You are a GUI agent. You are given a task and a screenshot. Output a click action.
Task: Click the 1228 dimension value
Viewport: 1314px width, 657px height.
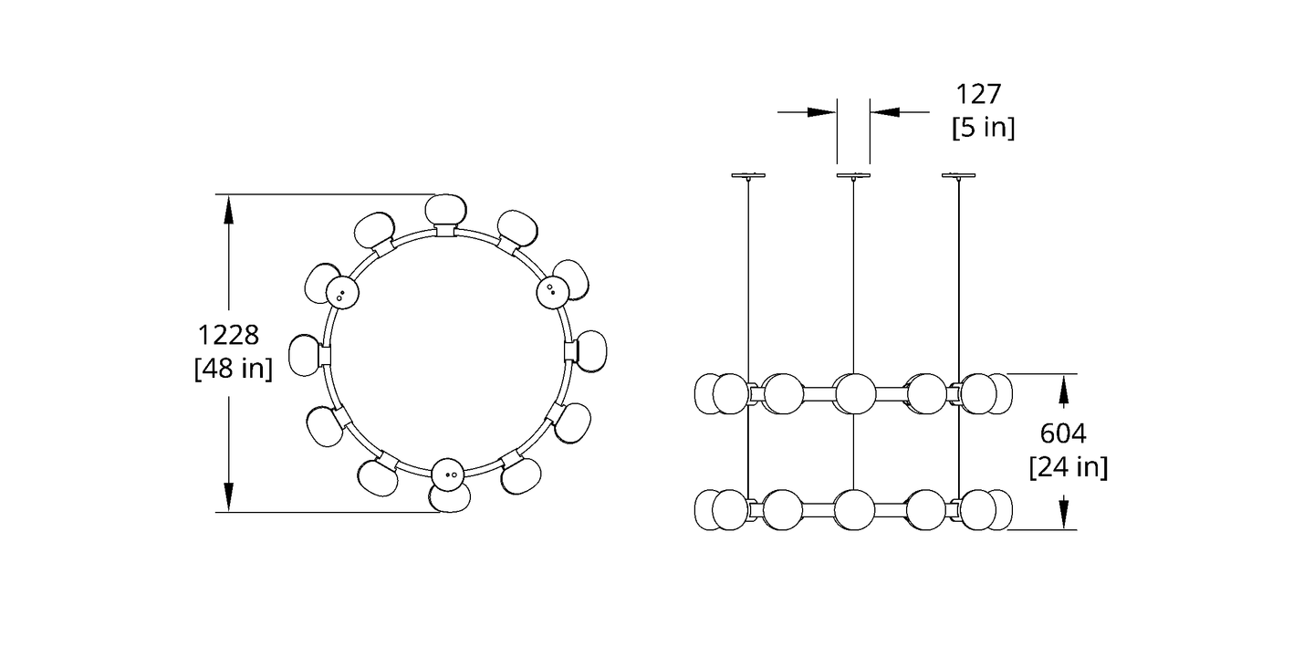tap(228, 336)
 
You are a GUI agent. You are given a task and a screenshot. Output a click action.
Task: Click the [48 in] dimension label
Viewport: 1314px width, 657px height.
tap(234, 369)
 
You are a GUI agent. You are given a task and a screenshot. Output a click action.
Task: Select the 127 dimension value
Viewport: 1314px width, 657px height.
tap(978, 95)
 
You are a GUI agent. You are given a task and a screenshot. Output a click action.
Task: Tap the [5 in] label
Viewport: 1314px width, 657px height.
tap(983, 128)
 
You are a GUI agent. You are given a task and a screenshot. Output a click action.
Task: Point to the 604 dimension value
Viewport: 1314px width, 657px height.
tap(1063, 434)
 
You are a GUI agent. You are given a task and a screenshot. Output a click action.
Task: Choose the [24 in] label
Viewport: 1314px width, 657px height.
tap(1069, 467)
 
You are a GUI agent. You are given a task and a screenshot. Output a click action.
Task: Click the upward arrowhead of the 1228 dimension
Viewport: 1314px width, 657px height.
tap(229, 210)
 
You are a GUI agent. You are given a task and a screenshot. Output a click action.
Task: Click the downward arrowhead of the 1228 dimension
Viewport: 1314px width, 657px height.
tap(229, 496)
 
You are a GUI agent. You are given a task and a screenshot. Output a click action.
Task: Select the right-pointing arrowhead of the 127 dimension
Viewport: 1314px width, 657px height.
tap(822, 112)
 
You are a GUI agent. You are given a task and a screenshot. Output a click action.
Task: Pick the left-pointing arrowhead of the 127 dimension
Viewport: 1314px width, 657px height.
tap(884, 112)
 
